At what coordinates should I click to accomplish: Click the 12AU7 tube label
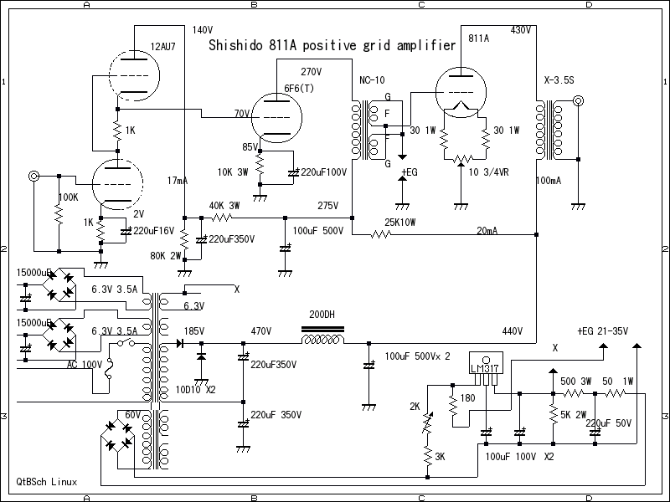coord(163,47)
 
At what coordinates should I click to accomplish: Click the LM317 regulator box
coord(485,368)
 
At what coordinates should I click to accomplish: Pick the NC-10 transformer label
coord(373,80)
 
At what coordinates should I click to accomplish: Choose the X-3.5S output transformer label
coord(559,80)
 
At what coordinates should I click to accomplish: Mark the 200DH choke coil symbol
coord(322,339)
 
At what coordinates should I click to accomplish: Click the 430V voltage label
coord(521,30)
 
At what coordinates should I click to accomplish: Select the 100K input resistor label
coord(68,197)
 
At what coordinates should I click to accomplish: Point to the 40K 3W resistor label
coord(224,206)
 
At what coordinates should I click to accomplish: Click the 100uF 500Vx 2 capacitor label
coord(417,356)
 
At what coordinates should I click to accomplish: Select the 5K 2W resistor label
coord(574,413)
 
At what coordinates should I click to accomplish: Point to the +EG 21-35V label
coord(604,332)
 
